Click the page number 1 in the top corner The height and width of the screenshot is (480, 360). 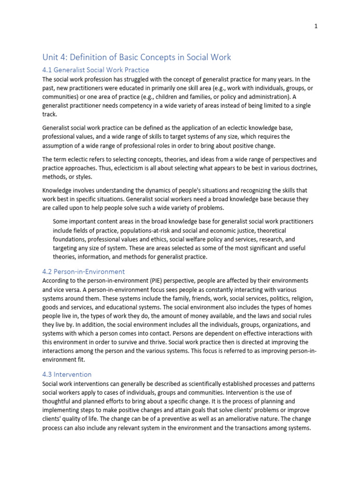pyautogui.click(x=316, y=26)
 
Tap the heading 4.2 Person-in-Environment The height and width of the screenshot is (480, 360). pyautogui.click(x=83, y=271)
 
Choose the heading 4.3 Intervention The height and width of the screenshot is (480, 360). pyautogui.click(x=67, y=375)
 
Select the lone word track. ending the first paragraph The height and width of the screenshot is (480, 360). pyautogui.click(x=50, y=114)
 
